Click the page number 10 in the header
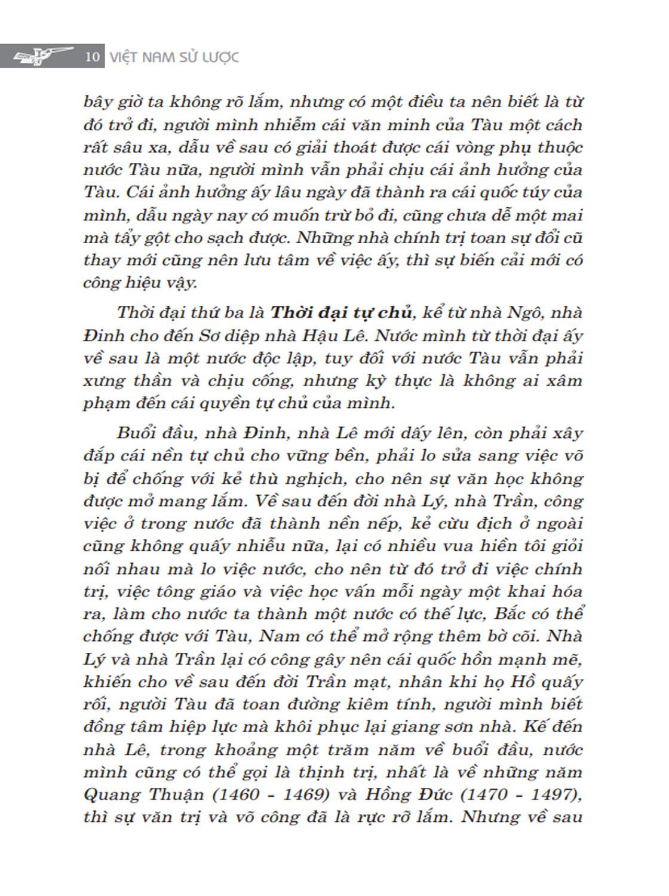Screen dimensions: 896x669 pos(92,57)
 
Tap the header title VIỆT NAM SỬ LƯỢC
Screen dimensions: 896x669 pos(174,57)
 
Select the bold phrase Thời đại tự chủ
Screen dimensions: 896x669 pos(342,312)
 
